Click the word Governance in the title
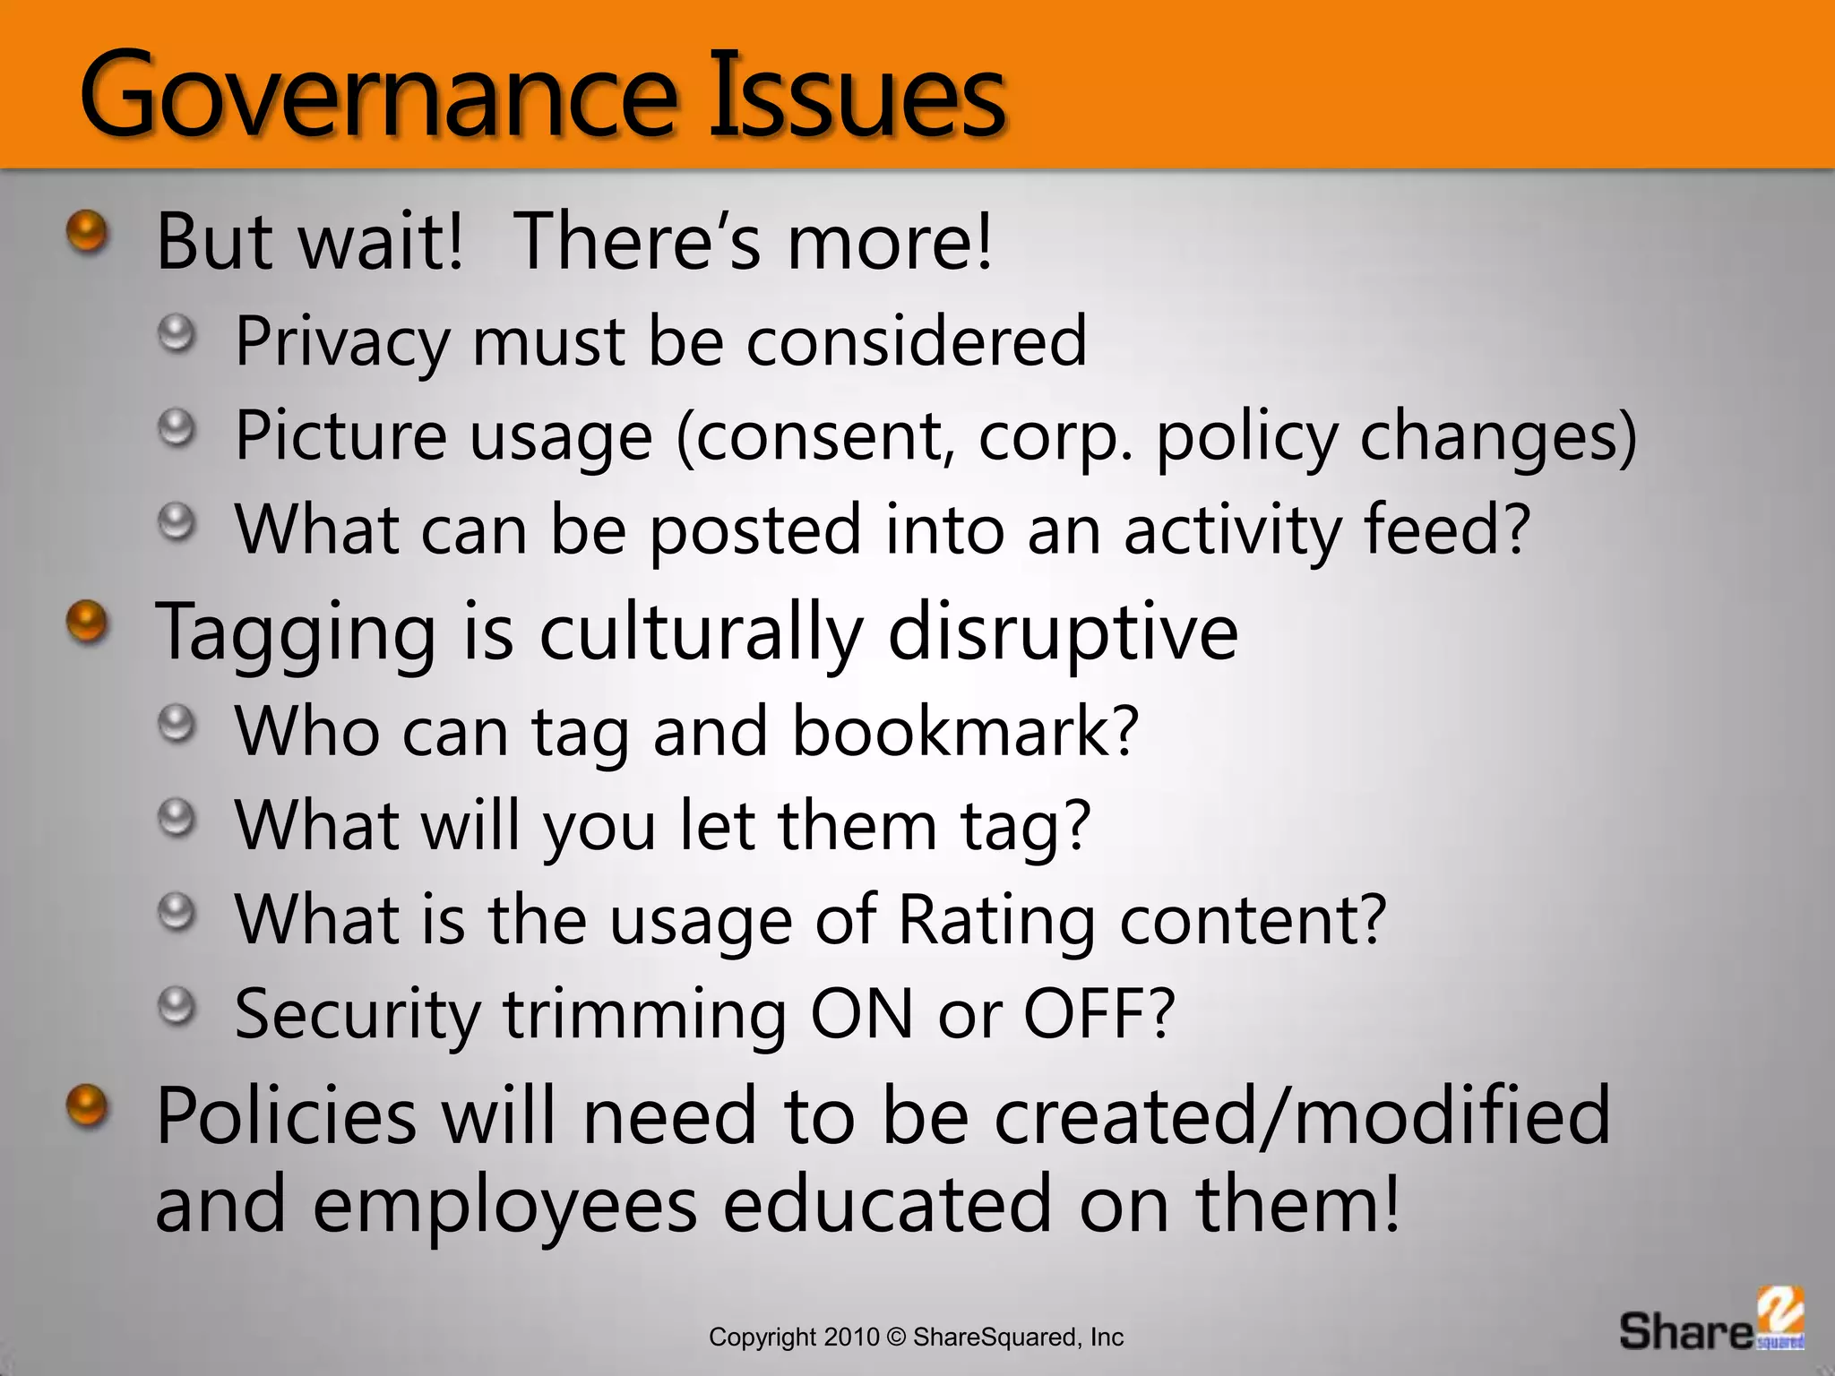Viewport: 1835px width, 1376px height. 376,94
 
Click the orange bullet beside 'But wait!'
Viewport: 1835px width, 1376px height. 87,231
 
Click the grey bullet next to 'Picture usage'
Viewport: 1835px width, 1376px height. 177,429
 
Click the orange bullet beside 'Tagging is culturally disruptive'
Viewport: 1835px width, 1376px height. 87,621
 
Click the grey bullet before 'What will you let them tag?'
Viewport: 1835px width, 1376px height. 177,818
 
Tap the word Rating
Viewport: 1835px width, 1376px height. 996,920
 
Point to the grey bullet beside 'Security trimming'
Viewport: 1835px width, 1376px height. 177,1007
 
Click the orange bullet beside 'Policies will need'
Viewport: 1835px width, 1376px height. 87,1105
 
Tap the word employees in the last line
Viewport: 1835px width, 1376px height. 504,1205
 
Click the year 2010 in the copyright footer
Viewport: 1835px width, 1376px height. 852,1337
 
